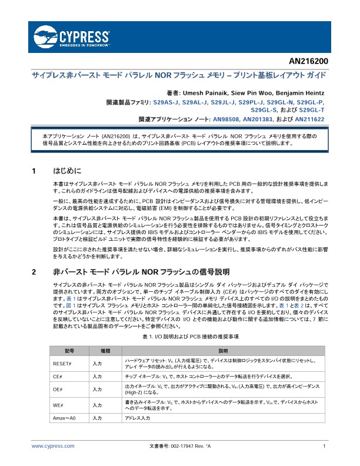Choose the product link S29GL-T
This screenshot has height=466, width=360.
(x=312, y=109)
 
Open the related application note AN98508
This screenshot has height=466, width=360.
(x=221, y=118)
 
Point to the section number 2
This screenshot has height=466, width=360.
(x=34, y=272)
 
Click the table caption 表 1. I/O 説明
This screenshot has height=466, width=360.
(x=190, y=337)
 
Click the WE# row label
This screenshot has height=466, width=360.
(x=58, y=405)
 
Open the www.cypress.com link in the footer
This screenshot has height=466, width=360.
(x=53, y=447)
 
